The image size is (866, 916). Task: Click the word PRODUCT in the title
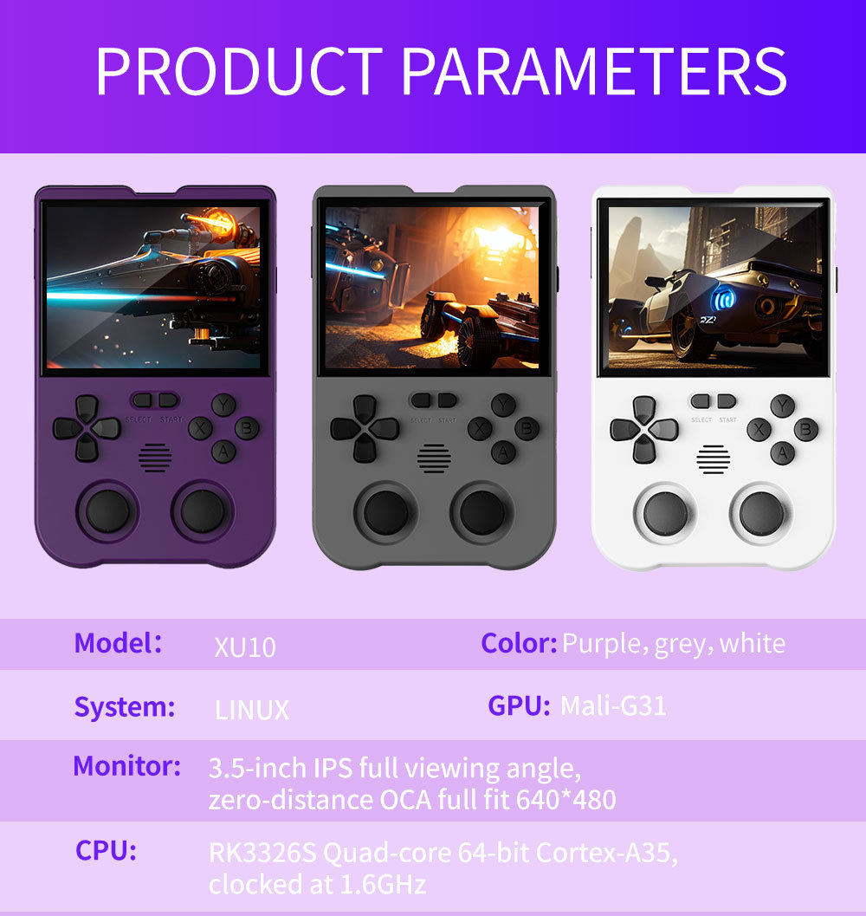[239, 71]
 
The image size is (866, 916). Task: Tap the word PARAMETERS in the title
[594, 71]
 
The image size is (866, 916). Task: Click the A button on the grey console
[503, 452]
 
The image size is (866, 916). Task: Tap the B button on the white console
[806, 429]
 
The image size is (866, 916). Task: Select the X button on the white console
[759, 430]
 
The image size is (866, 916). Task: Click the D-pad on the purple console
[87, 428]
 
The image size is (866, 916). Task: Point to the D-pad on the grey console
[365, 429]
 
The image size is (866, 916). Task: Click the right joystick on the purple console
[203, 511]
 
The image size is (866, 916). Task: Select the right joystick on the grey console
[481, 512]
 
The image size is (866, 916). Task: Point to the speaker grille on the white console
[713, 459]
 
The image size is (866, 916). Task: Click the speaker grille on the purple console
[155, 458]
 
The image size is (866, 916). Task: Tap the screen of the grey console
[433, 288]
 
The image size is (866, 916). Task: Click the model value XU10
[245, 647]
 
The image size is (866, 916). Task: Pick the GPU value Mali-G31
[613, 705]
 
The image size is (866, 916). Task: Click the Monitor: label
[126, 766]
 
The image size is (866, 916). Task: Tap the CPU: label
[106, 851]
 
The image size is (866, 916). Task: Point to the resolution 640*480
[565, 800]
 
